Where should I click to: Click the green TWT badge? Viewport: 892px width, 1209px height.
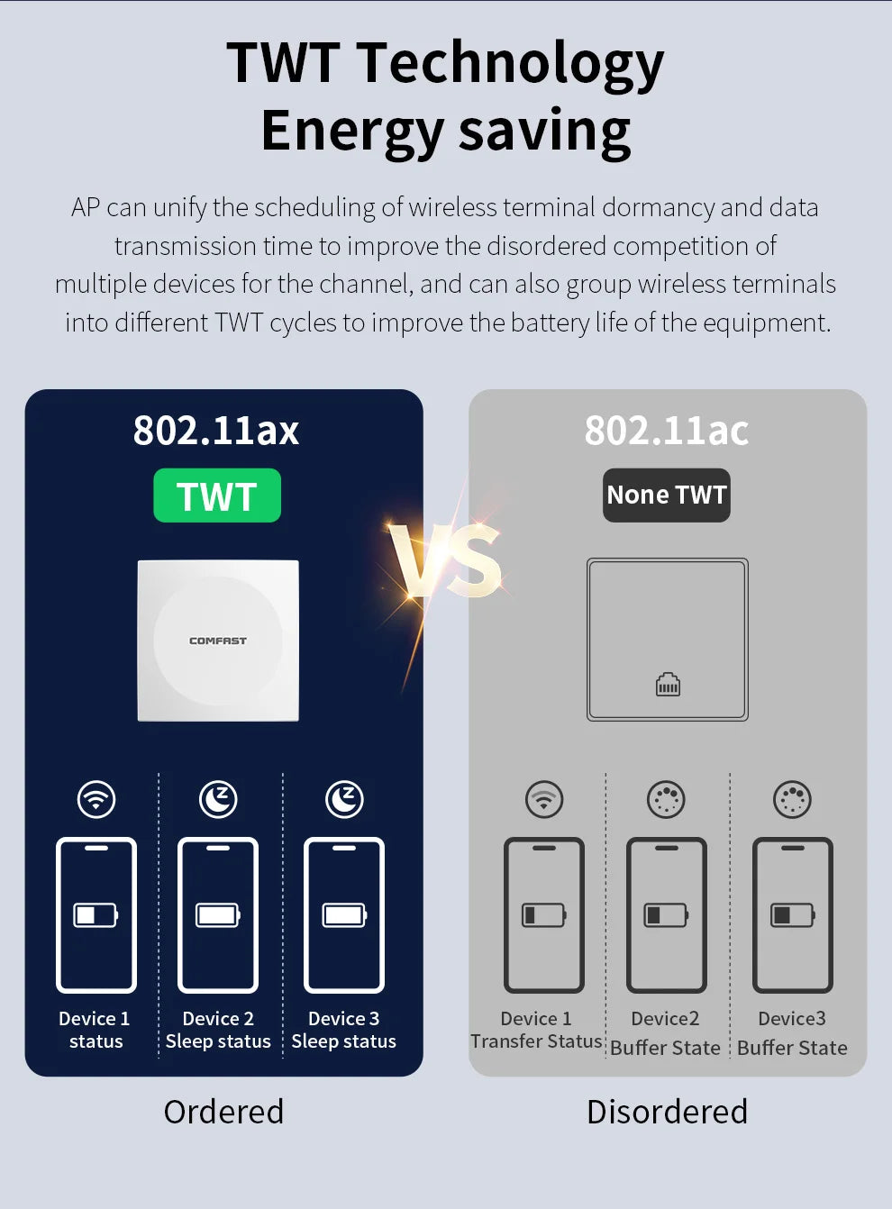pyautogui.click(x=217, y=495)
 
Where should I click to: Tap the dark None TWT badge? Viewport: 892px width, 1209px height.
pyautogui.click(x=666, y=495)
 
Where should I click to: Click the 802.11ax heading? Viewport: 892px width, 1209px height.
pyautogui.click(x=216, y=431)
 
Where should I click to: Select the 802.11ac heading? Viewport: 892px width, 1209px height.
pyautogui.click(x=666, y=431)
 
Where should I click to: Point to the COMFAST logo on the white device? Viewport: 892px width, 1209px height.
pyautogui.click(x=217, y=641)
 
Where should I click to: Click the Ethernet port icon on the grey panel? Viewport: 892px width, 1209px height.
pyautogui.click(x=668, y=685)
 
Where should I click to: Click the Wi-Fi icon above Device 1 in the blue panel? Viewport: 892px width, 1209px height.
pyautogui.click(x=96, y=799)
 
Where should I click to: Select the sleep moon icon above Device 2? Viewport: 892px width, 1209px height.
pyautogui.click(x=218, y=799)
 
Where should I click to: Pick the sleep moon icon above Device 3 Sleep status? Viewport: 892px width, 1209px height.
pyautogui.click(x=344, y=799)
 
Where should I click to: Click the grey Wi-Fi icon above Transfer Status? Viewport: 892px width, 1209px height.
pyautogui.click(x=544, y=799)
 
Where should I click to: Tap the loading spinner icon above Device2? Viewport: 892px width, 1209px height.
pyautogui.click(x=666, y=799)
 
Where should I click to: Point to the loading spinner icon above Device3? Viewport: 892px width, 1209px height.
pyautogui.click(x=792, y=799)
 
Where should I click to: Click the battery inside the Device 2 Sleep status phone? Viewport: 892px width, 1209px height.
pyautogui.click(x=218, y=915)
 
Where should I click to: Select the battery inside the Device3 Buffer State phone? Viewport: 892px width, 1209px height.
pyautogui.click(x=792, y=915)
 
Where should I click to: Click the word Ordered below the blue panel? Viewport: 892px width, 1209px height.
pyautogui.click(x=223, y=1112)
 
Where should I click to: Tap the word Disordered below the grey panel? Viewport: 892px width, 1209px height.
pyautogui.click(x=667, y=1112)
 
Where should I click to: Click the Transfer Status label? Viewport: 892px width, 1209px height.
pyautogui.click(x=536, y=1041)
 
